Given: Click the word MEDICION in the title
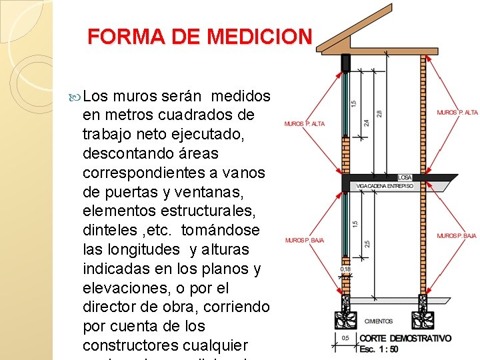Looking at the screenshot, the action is click(259, 36).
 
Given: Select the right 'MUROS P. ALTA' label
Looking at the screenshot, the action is click(457, 112).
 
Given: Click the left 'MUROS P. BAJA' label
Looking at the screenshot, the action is click(304, 240).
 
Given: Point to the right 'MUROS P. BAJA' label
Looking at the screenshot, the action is click(457, 236).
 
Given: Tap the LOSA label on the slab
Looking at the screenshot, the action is click(405, 178).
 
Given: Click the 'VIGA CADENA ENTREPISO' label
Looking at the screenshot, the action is click(385, 186).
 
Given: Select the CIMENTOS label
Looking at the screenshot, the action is click(379, 321).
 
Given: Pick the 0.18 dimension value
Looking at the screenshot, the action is click(345, 269).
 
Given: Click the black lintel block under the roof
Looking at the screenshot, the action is click(346, 63).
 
